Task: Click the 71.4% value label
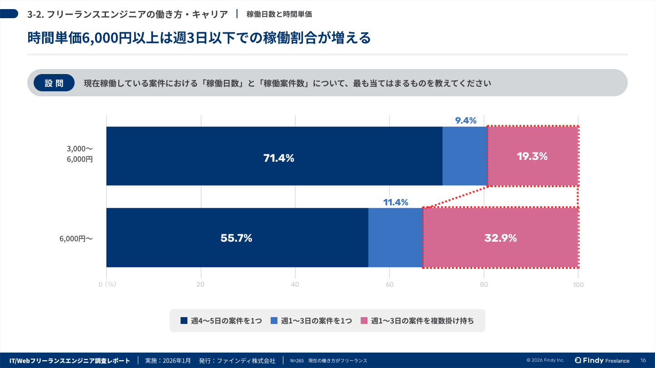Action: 279,158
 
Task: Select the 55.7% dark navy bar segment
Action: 237,238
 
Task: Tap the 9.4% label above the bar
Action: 465,121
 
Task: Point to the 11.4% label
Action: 395,202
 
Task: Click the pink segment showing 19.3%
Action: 532,156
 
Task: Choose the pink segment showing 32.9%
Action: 500,238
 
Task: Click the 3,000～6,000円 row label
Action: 80,154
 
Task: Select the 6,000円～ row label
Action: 76,238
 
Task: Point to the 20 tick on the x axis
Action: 200,285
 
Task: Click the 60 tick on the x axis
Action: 390,285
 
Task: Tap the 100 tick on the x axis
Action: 578,285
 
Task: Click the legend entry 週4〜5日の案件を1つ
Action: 221,321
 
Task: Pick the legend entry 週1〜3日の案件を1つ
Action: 311,321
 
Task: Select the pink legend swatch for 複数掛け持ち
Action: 363,321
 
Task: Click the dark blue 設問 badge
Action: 54,83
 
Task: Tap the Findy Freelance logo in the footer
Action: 602,360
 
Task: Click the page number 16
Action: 643,360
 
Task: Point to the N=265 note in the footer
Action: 297,361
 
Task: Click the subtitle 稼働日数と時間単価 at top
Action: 279,14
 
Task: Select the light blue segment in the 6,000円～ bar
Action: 395,238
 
